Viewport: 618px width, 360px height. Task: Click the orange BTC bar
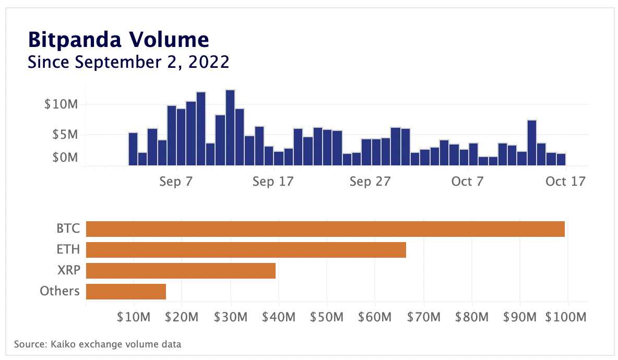click(325, 229)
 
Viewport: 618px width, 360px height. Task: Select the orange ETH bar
click(245, 250)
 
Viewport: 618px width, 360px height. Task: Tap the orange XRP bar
click(180, 271)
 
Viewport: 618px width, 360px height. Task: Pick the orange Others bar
click(126, 292)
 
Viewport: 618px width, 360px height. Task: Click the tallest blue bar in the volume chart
click(230, 128)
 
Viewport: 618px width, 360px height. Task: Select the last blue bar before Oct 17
click(561, 160)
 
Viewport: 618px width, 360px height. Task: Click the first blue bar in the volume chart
click(133, 149)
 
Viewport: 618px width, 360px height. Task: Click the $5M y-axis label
click(65, 135)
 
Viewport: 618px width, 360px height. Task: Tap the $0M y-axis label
click(65, 158)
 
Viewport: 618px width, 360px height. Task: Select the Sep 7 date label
click(176, 182)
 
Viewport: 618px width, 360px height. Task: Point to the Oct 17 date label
click(565, 182)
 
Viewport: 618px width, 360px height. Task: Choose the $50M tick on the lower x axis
click(327, 317)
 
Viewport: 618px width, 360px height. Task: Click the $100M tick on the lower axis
click(567, 317)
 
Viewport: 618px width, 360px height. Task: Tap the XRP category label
click(68, 270)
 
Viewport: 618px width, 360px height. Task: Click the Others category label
click(60, 291)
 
